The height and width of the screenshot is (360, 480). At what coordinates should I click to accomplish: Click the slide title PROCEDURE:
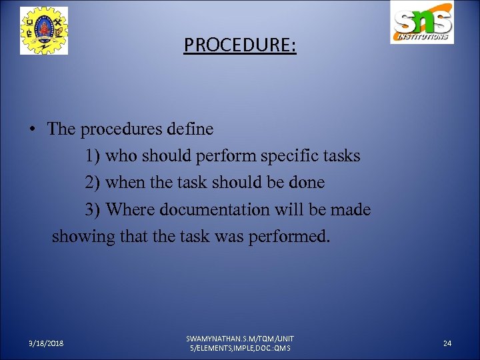pos(240,45)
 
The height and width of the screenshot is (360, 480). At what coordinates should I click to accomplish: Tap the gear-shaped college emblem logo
pos(43,31)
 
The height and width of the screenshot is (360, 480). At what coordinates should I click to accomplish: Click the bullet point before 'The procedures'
pos(32,129)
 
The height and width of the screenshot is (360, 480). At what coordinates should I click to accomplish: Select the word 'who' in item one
pos(123,156)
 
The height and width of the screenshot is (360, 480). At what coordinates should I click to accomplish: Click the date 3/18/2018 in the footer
pos(47,343)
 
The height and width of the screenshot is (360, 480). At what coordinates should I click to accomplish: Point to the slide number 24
pos(447,343)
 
